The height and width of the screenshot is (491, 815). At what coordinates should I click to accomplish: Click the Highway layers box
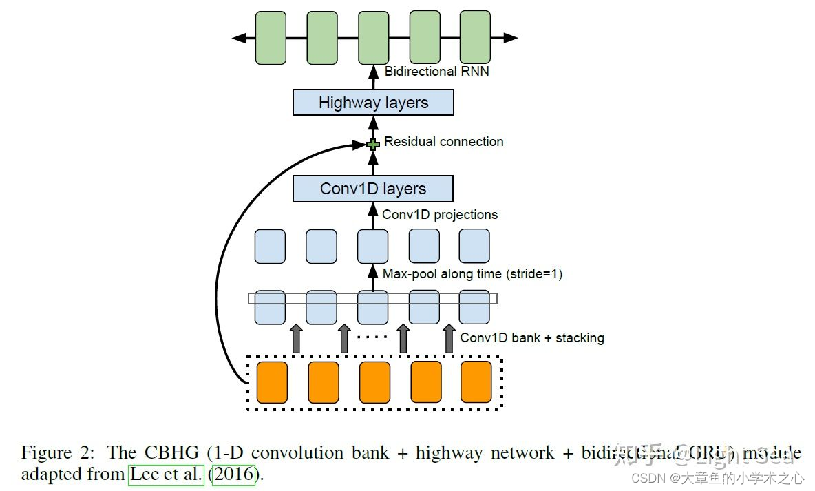tap(373, 103)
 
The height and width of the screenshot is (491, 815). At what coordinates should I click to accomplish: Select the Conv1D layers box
tap(373, 189)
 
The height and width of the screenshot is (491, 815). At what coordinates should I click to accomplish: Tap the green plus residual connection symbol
tap(373, 145)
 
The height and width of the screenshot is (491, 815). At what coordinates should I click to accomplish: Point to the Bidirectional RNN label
tap(436, 71)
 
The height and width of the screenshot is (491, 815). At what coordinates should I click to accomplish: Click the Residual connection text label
tap(443, 142)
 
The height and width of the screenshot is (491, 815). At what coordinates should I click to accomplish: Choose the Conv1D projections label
tap(439, 215)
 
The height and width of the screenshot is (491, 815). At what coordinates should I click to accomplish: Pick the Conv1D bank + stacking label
tap(531, 338)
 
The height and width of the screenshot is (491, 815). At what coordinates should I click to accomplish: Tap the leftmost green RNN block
tap(271, 38)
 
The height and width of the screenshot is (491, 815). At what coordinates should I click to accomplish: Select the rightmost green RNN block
tap(474, 38)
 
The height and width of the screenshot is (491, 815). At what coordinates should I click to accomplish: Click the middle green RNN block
tap(373, 38)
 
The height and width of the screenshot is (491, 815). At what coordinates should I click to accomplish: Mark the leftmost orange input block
tap(272, 382)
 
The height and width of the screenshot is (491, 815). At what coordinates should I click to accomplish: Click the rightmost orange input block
tap(476, 382)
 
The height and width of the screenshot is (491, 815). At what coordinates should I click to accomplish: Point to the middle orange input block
tap(374, 382)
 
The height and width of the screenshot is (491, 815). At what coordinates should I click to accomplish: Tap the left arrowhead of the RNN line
tap(239, 38)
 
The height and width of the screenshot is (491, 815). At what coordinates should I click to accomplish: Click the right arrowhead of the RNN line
tap(511, 38)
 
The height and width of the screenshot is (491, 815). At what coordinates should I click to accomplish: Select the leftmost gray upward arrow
tap(297, 339)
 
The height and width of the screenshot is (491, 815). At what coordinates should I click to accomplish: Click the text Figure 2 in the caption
tap(56, 453)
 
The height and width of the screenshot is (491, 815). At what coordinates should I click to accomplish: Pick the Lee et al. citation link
tap(166, 475)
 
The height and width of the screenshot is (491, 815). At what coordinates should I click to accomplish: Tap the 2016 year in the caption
tap(233, 475)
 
